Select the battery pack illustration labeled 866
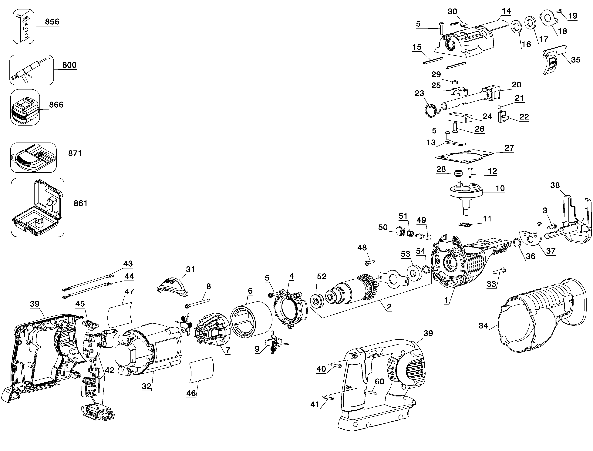pos(25,107)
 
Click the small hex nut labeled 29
pos(455,82)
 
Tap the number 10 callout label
pos(500,188)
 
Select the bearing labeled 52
pos(317,301)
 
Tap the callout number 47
pos(129,291)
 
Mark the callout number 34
pos(483,326)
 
